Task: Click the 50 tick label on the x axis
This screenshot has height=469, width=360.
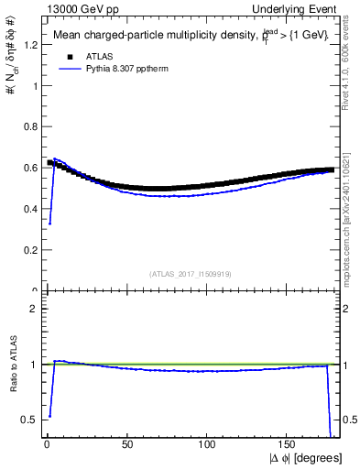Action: (126, 445)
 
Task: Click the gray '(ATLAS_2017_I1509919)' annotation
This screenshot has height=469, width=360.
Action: (191, 273)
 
